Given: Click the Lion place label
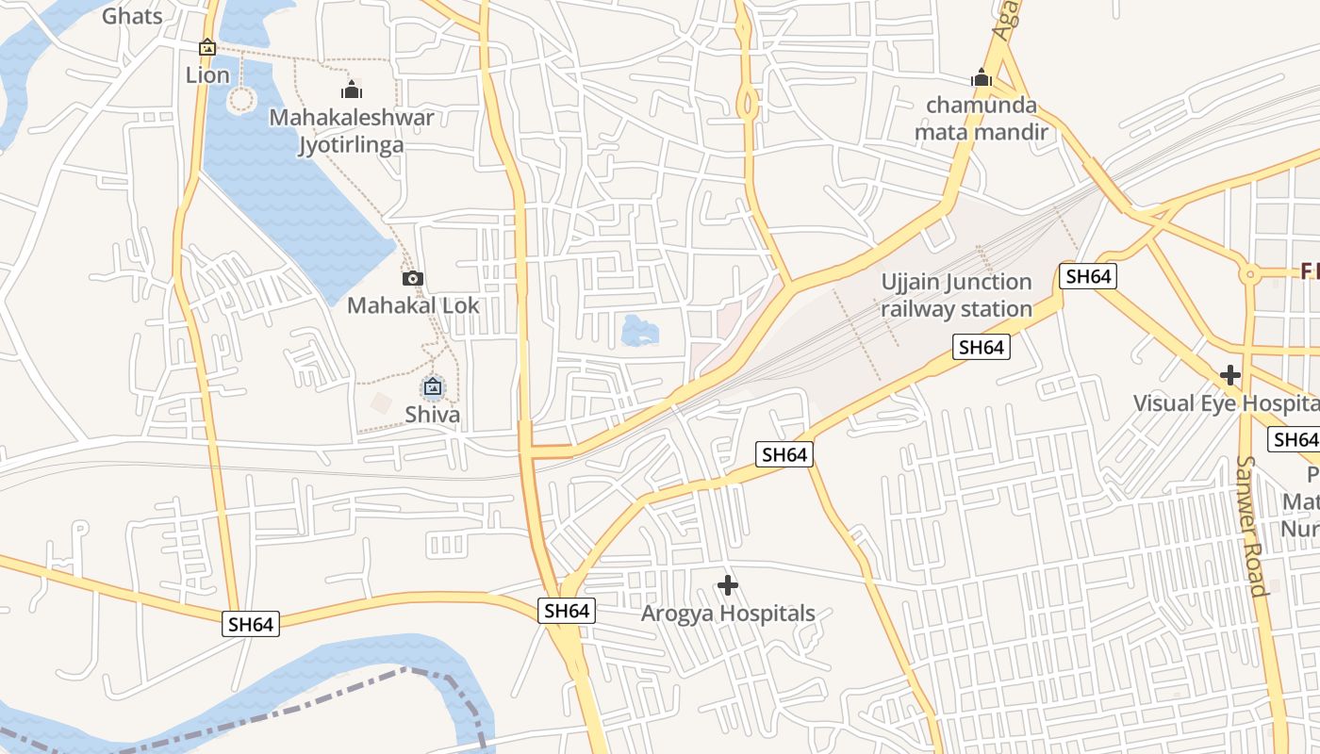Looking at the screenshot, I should click(x=207, y=75).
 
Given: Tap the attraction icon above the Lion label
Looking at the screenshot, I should click(x=207, y=47).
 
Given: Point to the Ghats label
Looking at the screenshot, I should click(x=132, y=16).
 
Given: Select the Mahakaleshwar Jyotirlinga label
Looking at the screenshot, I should click(x=352, y=131).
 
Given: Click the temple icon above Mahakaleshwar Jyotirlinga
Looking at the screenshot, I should click(x=352, y=90).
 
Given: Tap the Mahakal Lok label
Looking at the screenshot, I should click(x=413, y=305).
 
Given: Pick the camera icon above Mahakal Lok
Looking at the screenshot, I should click(x=413, y=278).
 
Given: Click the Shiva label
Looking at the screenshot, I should click(x=433, y=415).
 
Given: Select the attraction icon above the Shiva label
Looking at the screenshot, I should click(x=433, y=386).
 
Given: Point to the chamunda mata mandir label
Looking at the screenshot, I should click(x=982, y=119).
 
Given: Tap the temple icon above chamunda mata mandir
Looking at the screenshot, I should click(x=982, y=78).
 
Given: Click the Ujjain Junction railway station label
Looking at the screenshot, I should click(x=957, y=295).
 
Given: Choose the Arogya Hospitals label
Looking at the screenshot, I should click(x=728, y=614).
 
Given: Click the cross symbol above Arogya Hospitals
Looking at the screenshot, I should click(x=728, y=585).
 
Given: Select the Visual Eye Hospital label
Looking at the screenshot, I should click(x=1226, y=403).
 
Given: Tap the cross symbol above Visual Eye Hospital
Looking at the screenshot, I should click(x=1229, y=375).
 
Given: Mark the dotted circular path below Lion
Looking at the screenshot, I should click(x=241, y=98).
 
